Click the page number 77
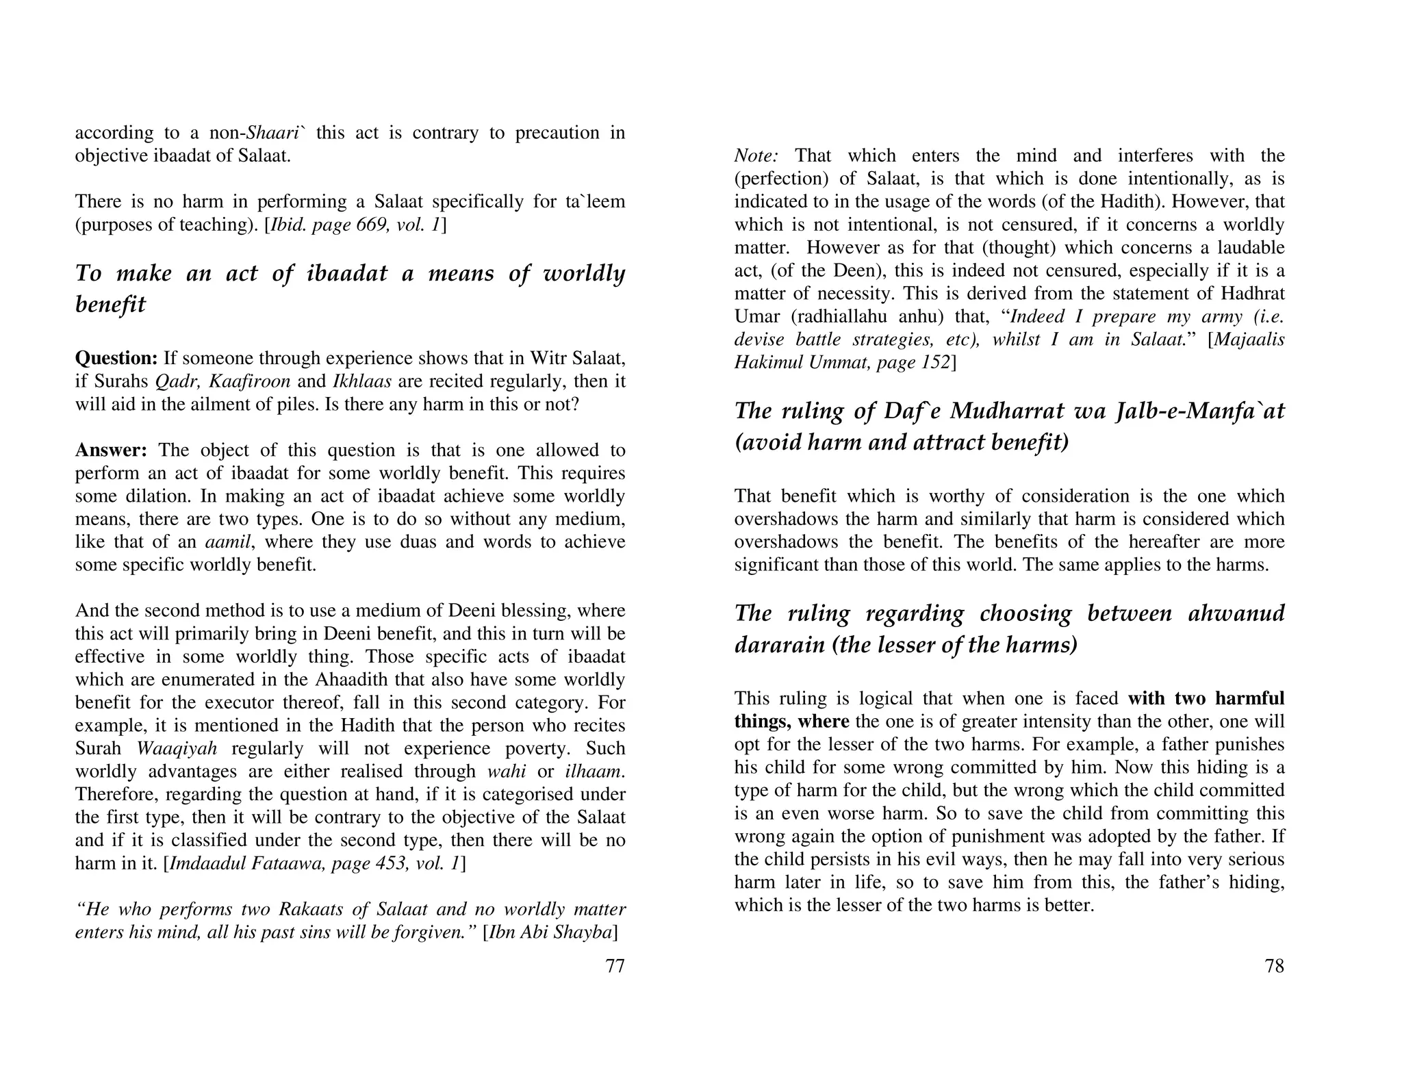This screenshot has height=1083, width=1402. (615, 966)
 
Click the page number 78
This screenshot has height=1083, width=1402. (1274, 966)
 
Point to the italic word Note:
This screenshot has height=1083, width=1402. (756, 155)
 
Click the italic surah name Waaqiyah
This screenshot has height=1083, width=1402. (177, 748)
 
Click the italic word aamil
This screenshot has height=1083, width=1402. (229, 542)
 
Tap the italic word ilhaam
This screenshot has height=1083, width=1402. (594, 772)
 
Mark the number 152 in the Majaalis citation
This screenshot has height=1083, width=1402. (934, 362)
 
